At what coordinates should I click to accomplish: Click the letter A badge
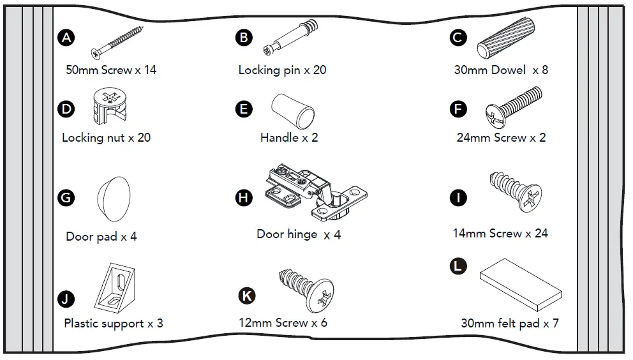pos(66,38)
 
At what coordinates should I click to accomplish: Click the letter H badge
pos(244,197)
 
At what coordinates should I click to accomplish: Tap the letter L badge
pos(458,266)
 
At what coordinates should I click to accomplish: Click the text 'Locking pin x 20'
pos(282,70)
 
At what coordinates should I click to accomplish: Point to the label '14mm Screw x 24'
pos(500,234)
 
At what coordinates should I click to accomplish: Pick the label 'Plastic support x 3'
pos(113,324)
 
